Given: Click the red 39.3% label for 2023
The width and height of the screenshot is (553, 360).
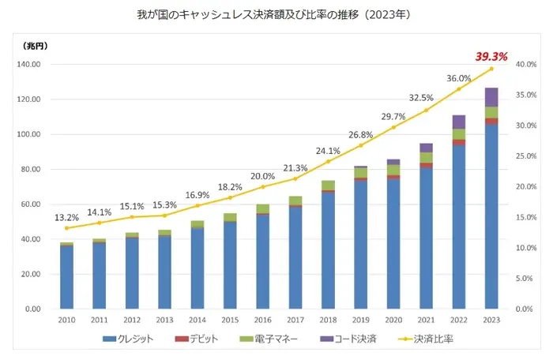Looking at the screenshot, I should [490, 56].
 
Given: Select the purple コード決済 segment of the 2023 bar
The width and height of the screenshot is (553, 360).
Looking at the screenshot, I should [491, 97].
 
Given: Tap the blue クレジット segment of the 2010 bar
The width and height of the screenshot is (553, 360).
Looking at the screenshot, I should [66, 276].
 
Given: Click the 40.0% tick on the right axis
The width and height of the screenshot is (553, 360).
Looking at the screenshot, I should [525, 65].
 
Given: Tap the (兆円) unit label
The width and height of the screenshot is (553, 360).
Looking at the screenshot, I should [35, 47].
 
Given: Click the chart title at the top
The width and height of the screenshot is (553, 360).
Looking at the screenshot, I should [276, 14].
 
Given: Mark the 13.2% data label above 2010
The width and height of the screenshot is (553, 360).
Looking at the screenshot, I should [66, 217].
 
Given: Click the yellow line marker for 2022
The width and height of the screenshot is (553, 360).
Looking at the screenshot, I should [458, 88].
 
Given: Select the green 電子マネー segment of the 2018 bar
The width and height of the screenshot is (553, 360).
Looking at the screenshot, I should [328, 186].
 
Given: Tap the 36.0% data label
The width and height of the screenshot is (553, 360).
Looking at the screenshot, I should [458, 78].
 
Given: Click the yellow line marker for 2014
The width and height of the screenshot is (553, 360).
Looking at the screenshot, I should [197, 205].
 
